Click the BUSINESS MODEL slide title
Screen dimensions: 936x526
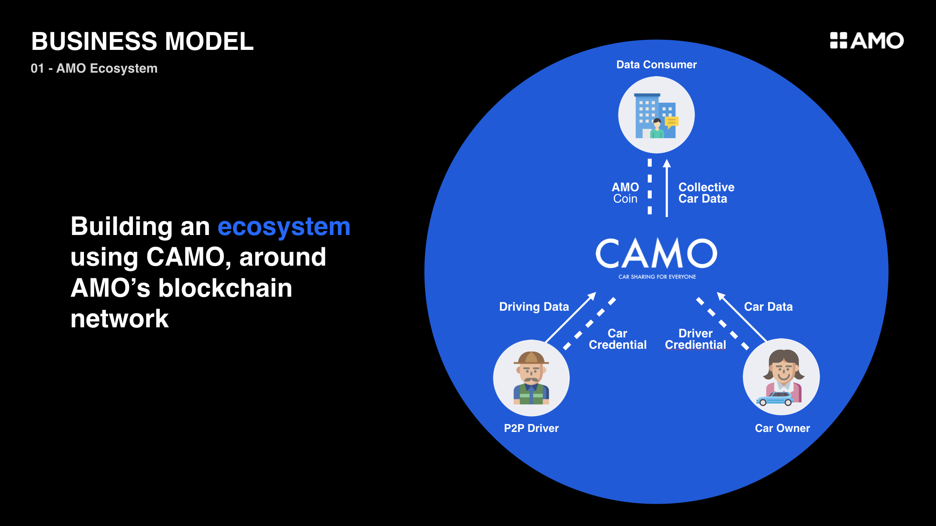[142, 42]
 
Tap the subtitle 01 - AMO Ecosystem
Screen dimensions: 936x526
[94, 69]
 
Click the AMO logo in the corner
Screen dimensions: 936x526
[866, 41]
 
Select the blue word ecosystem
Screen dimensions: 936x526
[284, 227]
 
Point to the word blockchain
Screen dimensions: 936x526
[225, 288]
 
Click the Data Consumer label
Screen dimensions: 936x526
[656, 65]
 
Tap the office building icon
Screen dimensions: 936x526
[655, 116]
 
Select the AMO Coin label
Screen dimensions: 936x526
[625, 193]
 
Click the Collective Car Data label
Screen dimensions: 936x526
[706, 193]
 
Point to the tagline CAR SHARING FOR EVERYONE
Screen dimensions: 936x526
[657, 277]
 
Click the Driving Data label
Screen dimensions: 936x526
[534, 307]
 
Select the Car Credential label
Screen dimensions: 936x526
[618, 339]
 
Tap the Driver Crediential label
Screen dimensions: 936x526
[695, 339]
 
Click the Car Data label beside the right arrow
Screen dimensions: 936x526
[768, 307]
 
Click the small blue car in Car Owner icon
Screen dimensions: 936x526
[775, 399]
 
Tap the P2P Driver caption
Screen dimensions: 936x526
[531, 428]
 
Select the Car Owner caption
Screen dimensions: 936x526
[782, 428]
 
